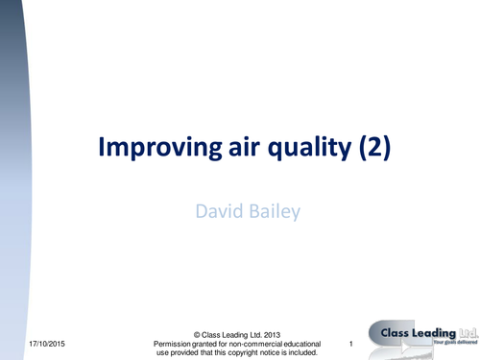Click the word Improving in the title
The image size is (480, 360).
tap(153, 151)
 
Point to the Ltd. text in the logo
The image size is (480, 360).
tap(465, 333)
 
